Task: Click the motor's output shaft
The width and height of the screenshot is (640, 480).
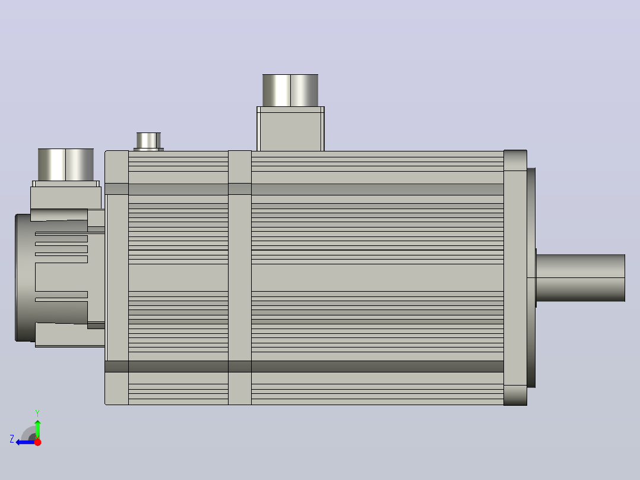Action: point(581,278)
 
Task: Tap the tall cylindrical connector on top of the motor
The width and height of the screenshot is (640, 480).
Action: point(290,90)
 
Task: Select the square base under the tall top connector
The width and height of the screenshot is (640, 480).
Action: point(291,129)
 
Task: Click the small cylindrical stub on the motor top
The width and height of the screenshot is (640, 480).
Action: point(148,141)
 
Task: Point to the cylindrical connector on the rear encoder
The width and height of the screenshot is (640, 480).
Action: point(66,165)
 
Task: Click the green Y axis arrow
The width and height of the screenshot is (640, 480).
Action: point(37,428)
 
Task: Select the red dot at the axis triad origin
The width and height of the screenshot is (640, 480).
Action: point(37,442)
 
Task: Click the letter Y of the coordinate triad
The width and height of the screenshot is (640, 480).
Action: point(37,413)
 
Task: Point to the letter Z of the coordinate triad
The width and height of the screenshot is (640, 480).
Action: point(12,439)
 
